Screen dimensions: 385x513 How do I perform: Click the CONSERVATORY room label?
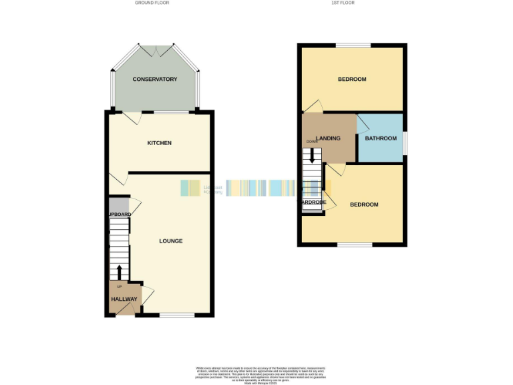155,80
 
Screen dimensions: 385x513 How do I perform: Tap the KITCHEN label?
160,143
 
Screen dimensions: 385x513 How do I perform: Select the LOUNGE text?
171,241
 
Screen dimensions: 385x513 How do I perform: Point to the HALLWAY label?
124,299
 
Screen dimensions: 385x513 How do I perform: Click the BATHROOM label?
381,138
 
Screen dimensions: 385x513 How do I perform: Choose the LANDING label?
328,138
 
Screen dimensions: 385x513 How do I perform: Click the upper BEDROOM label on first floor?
352,80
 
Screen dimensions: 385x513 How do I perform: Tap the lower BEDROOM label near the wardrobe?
364,205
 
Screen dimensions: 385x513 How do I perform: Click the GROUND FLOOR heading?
152,3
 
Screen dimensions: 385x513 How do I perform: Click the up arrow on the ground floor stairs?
120,271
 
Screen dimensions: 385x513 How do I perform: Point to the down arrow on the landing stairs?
312,156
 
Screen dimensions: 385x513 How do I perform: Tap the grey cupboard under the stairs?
118,205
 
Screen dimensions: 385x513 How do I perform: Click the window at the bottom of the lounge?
177,315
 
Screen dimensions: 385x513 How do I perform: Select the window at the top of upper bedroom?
353,45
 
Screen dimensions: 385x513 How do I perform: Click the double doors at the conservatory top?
155,48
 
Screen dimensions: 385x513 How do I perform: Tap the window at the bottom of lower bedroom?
355,244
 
